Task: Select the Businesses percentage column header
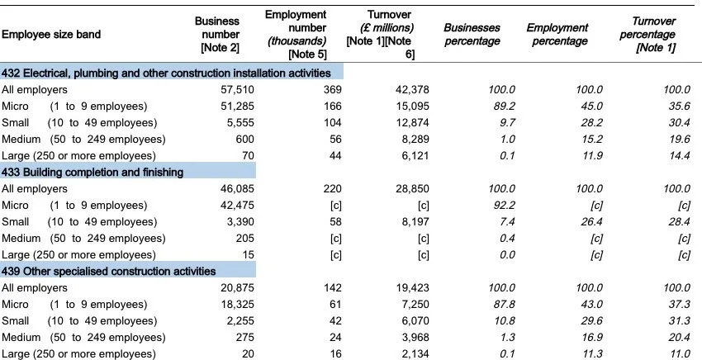[x=472, y=35]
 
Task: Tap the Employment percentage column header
[x=557, y=35]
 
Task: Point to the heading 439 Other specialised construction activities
[x=109, y=271]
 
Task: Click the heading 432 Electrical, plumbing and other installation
[x=172, y=73]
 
